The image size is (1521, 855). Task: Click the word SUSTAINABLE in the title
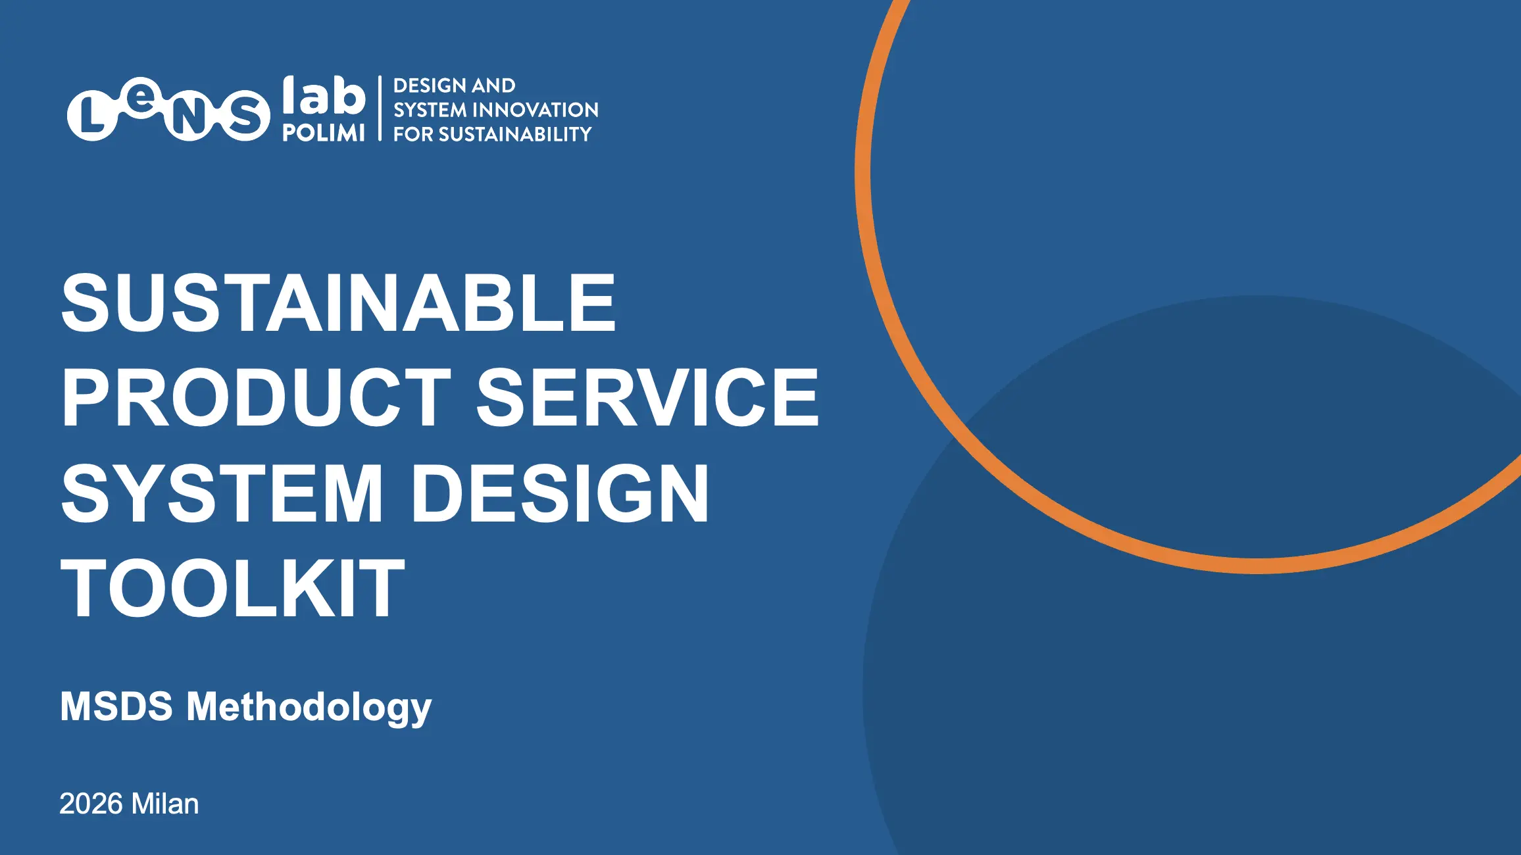click(x=339, y=303)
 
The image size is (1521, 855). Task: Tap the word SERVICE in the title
click(x=647, y=397)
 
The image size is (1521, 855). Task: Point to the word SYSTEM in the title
click(x=222, y=493)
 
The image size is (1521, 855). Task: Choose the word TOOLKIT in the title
click(x=232, y=587)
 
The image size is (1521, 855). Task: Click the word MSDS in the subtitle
click(x=116, y=706)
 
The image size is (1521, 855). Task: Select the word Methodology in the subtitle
click(x=309, y=708)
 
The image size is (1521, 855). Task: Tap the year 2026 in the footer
click(x=91, y=804)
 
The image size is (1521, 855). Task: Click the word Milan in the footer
click(x=165, y=804)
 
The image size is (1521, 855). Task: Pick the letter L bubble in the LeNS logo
click(x=92, y=116)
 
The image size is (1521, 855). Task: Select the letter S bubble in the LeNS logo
click(x=245, y=116)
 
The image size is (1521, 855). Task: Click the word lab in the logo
click(x=324, y=95)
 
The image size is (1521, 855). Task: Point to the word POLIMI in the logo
click(x=324, y=133)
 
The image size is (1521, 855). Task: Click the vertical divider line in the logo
click(x=380, y=109)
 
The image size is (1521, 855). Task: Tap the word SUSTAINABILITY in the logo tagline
click(x=515, y=134)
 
